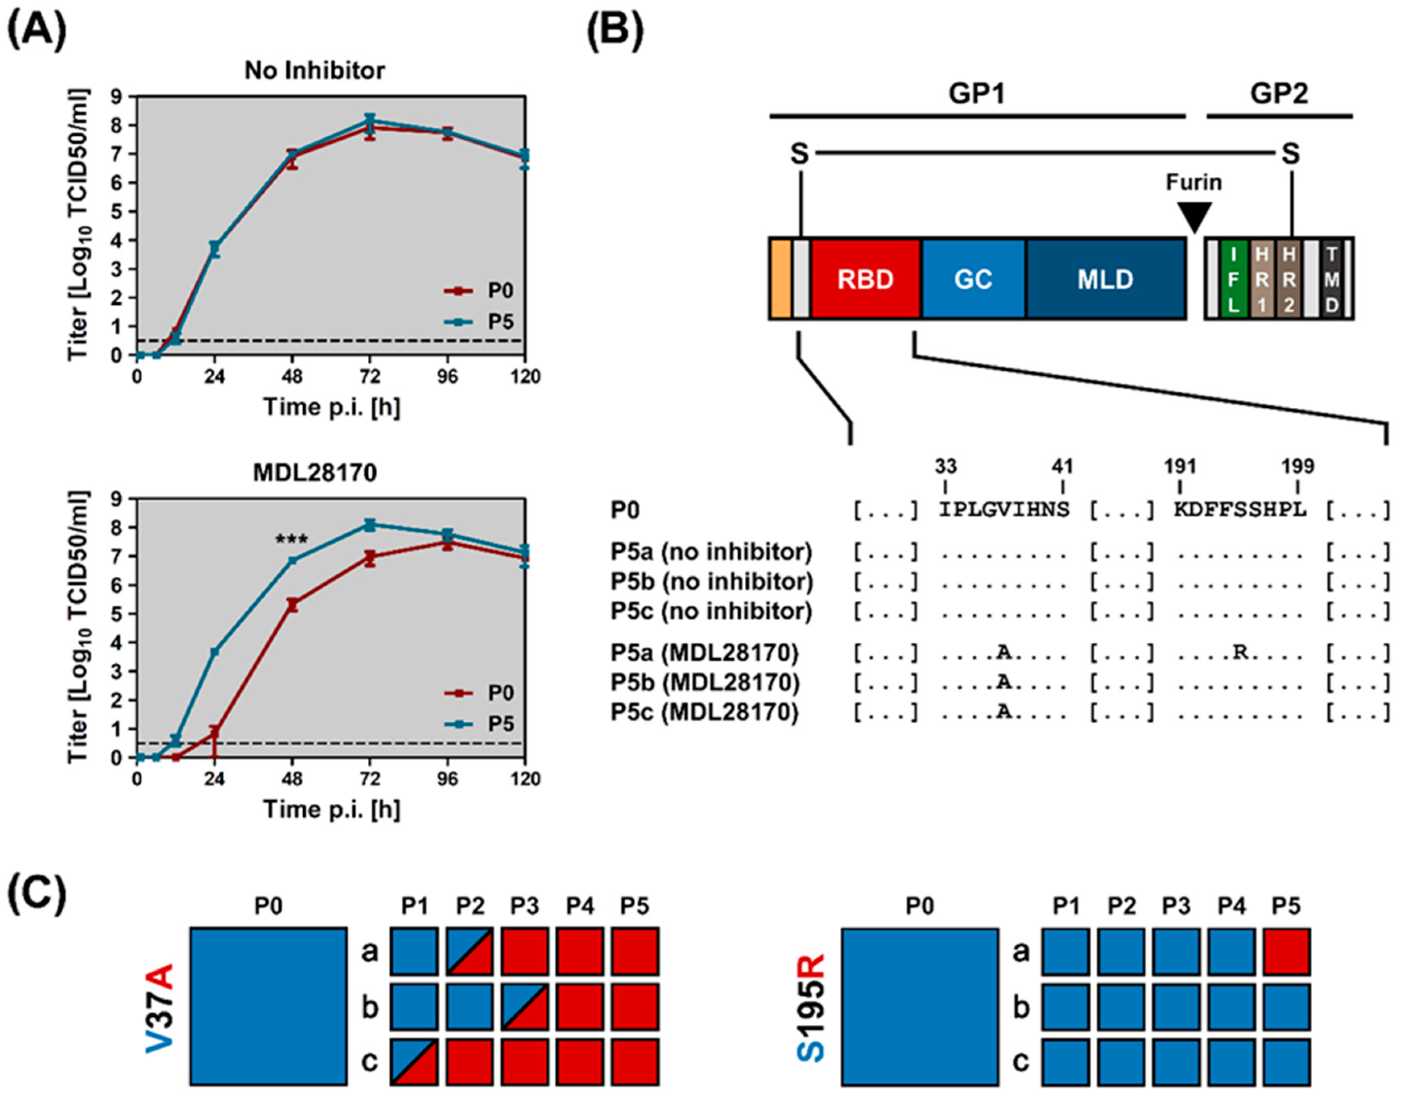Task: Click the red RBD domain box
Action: click(x=865, y=279)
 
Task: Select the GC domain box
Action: click(x=973, y=279)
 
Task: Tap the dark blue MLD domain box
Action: click(x=1105, y=279)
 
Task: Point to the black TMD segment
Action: click(x=1331, y=279)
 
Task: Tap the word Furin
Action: click(x=1193, y=183)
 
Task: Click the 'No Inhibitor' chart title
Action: click(x=315, y=70)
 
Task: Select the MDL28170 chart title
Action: click(x=315, y=473)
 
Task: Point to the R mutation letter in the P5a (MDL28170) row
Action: click(x=1240, y=652)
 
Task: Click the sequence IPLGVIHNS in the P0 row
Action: click(x=1004, y=510)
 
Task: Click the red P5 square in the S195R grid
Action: click(x=1286, y=951)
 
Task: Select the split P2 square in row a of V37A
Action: click(x=470, y=951)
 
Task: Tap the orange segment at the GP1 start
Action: click(x=780, y=279)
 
